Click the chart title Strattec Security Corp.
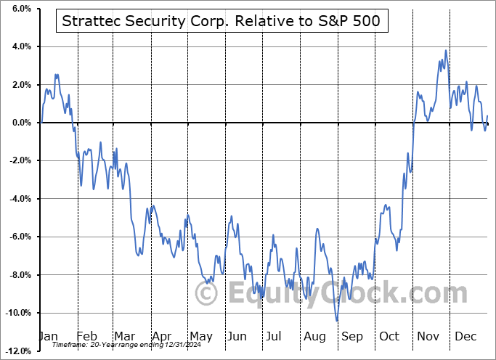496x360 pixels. (221, 22)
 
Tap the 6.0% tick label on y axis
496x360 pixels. (20, 9)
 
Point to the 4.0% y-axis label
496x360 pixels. (20, 46)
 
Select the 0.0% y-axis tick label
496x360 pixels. (20, 123)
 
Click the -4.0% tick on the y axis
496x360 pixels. (18, 199)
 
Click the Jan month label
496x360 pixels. (48, 336)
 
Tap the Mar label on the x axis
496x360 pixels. (123, 336)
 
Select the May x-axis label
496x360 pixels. (200, 336)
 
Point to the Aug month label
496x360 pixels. (316, 336)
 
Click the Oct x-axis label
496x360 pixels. (390, 336)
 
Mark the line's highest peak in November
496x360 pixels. (446, 50)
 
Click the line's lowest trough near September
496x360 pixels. (337, 320)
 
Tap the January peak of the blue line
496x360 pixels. (56, 75)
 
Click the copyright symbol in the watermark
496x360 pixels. (207, 294)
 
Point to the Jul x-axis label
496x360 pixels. (275, 336)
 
